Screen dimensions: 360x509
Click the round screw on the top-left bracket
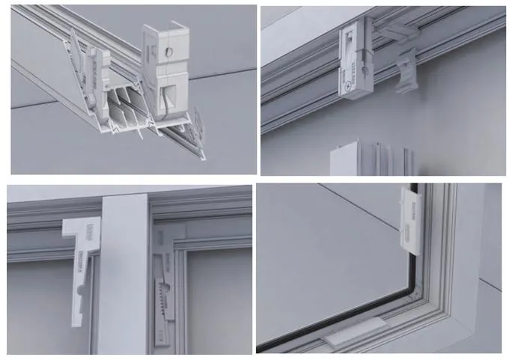point(168,52)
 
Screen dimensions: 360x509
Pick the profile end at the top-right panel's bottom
point(371,160)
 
